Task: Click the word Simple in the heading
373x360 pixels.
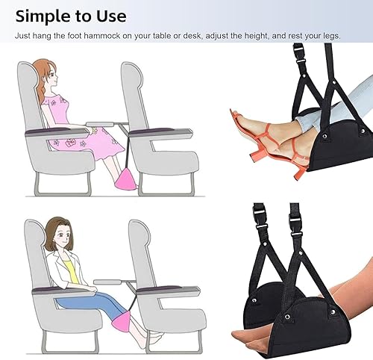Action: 43,16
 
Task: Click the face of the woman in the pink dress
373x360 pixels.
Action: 53,75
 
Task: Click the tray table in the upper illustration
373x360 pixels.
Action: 100,124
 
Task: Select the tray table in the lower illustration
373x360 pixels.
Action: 107,282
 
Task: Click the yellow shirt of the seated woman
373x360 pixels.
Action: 70,270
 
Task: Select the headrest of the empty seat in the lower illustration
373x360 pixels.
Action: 140,234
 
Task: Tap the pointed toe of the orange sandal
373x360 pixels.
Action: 232,111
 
